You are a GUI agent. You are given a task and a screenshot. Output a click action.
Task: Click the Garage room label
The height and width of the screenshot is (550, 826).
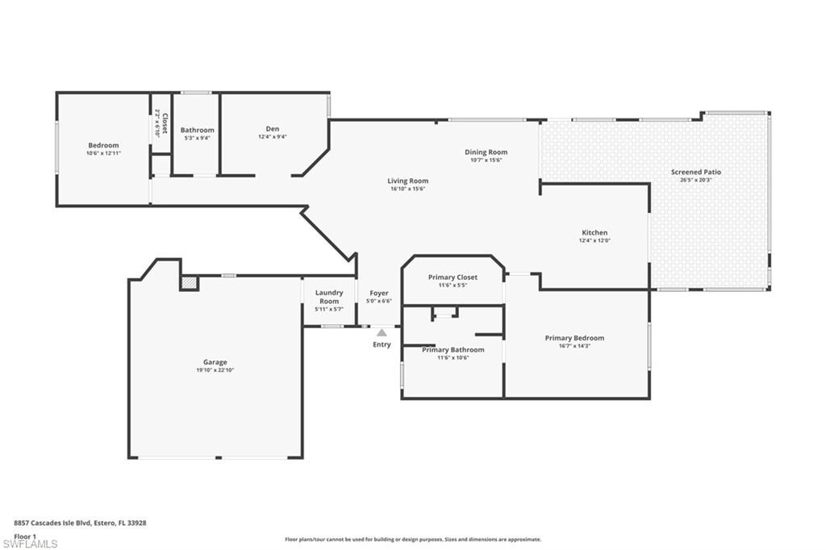point(215,362)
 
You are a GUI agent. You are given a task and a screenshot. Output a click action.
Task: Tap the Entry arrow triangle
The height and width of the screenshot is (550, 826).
point(382,331)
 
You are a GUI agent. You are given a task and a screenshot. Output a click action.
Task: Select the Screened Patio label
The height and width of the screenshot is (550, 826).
point(696,172)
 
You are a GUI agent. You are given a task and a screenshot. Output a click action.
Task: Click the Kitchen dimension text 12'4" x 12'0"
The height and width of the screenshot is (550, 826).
point(594,240)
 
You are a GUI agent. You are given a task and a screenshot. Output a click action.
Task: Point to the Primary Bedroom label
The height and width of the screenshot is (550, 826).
point(574,338)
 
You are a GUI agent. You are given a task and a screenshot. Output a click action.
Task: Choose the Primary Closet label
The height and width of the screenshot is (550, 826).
point(453,277)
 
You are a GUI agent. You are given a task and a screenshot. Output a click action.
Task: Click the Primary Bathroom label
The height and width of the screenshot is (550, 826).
point(453,349)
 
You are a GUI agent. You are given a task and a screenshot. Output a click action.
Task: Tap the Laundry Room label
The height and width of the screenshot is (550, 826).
point(329,297)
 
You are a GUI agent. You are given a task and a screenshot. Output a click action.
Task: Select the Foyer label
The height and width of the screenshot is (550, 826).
point(379,293)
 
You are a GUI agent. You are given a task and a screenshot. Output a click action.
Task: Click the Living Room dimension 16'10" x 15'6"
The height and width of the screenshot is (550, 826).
point(407,189)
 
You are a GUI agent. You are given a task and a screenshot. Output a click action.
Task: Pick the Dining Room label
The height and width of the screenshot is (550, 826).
point(486,152)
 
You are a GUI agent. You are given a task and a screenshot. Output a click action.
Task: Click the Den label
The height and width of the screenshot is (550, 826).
point(273,128)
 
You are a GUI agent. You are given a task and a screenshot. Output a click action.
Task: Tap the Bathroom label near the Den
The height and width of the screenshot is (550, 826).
point(198,130)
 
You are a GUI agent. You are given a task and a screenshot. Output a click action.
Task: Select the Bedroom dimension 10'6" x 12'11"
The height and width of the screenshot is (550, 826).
point(103,153)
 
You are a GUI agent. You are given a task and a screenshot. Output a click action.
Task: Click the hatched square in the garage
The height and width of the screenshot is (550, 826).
point(189,282)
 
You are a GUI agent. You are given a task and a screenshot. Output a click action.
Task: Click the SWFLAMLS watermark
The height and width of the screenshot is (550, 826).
point(31,544)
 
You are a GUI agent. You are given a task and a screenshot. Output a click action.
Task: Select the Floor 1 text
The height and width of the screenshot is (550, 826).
point(25,535)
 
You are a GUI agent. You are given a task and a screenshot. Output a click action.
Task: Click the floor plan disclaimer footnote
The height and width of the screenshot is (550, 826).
point(412,540)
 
